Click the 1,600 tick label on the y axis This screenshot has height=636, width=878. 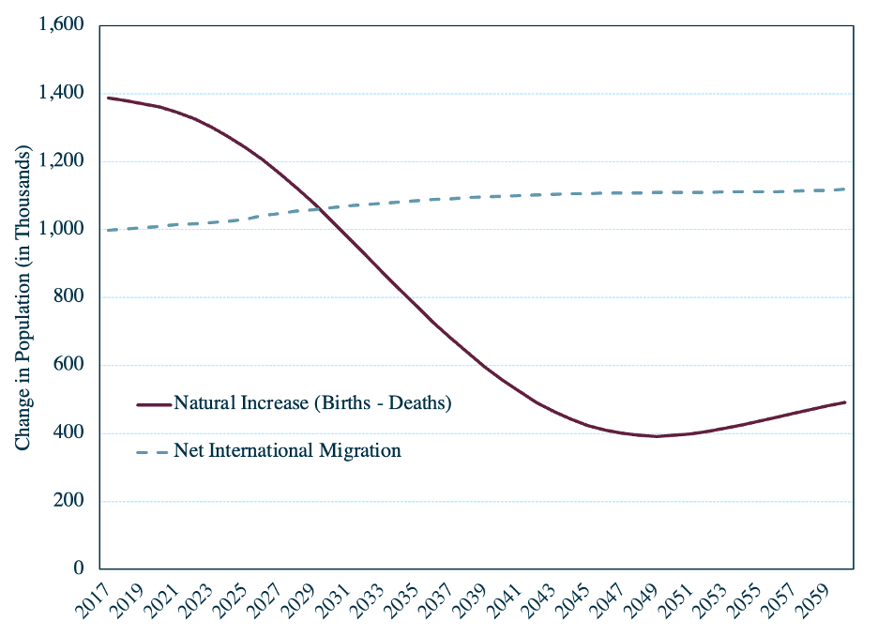pos(61,24)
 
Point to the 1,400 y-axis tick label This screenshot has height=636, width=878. pos(61,92)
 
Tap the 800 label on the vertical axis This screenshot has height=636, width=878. pos(68,296)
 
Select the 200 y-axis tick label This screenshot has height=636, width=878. pos(68,500)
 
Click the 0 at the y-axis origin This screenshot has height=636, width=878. pos(79,568)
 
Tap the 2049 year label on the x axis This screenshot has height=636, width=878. pos(643,601)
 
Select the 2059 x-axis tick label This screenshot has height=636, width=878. pos(815,601)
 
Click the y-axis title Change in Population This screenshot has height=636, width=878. pos(23,298)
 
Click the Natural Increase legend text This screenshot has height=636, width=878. pos(312,403)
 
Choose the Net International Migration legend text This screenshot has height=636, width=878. pos(287,450)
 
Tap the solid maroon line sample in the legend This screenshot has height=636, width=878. pos(154,404)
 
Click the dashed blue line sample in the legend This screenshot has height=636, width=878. pos(152,452)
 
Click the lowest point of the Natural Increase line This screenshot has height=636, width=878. pos(655,436)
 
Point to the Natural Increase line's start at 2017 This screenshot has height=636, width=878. pos(108,98)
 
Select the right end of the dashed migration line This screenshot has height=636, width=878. pos(844,189)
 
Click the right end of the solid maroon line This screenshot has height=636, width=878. pos(845,402)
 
